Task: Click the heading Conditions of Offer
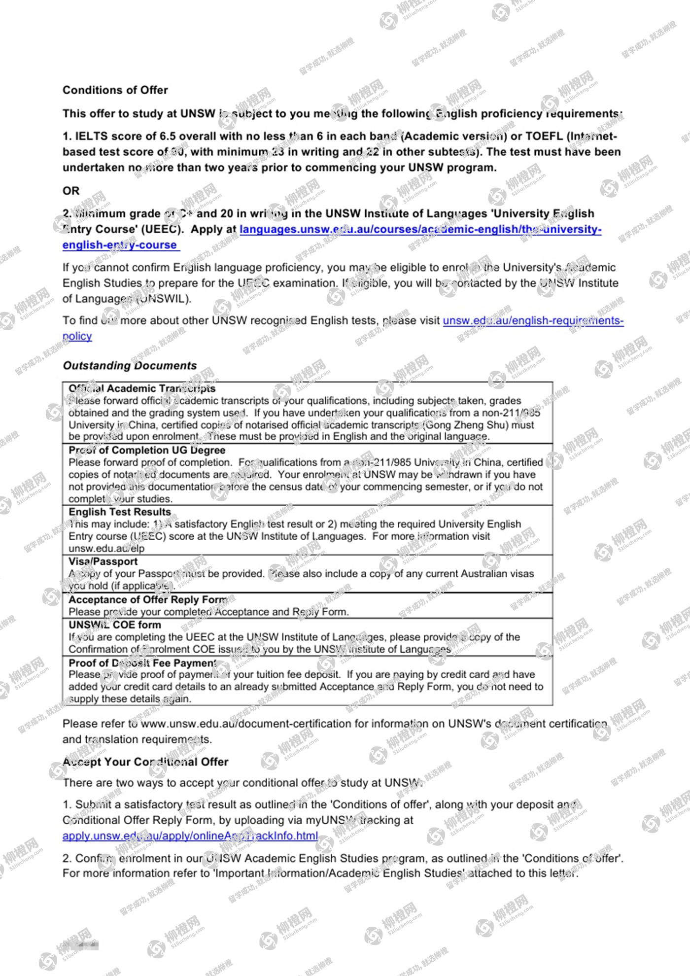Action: click(x=115, y=90)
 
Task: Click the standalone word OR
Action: click(x=71, y=191)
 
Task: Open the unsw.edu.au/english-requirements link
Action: click(x=533, y=320)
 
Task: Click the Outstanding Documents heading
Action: click(x=130, y=366)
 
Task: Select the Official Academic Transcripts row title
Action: click(x=142, y=388)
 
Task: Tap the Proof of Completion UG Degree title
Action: click(x=147, y=450)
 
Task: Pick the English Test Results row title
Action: click(x=120, y=512)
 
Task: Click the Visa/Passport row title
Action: click(x=103, y=561)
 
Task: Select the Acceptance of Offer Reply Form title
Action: click(x=148, y=599)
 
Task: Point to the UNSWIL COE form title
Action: click(x=115, y=625)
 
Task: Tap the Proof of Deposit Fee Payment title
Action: click(x=142, y=662)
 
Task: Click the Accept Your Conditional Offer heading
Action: click(x=145, y=762)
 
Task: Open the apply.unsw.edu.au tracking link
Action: click(x=190, y=836)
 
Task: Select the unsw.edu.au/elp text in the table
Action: click(x=106, y=548)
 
